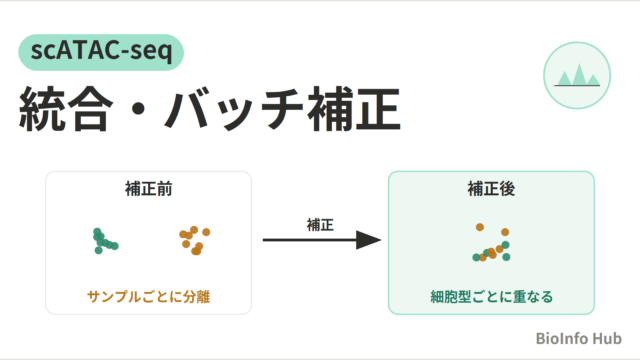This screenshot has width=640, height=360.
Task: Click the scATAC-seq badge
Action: (x=101, y=52)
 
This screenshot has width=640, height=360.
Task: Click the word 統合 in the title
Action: (x=66, y=109)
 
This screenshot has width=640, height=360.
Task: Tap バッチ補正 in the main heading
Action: (x=282, y=109)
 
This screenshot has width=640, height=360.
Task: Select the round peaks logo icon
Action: (x=577, y=76)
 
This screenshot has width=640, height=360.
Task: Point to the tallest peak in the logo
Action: (x=579, y=75)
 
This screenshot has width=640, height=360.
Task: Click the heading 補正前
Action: (x=149, y=189)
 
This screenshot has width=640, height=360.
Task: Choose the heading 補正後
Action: (x=491, y=189)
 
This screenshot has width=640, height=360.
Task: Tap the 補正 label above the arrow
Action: (x=320, y=225)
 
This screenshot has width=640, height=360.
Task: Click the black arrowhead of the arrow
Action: (x=368, y=240)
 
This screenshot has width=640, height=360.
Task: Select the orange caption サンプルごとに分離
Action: (x=149, y=297)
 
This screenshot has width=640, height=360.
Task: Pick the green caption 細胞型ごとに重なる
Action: (x=491, y=297)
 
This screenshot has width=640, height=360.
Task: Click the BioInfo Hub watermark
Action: (x=578, y=338)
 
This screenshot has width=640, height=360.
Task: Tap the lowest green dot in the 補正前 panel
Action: (x=98, y=250)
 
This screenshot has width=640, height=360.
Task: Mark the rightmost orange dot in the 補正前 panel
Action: (x=206, y=232)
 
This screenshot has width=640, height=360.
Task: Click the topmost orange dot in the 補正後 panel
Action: (x=480, y=227)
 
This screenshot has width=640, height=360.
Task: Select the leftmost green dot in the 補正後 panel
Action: (x=476, y=257)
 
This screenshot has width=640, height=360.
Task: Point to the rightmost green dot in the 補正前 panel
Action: (x=115, y=246)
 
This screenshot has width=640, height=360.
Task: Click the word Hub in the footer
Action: (x=607, y=338)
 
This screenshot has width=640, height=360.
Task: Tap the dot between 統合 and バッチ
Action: (x=139, y=109)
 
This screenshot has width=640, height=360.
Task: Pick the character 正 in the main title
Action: (x=378, y=109)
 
